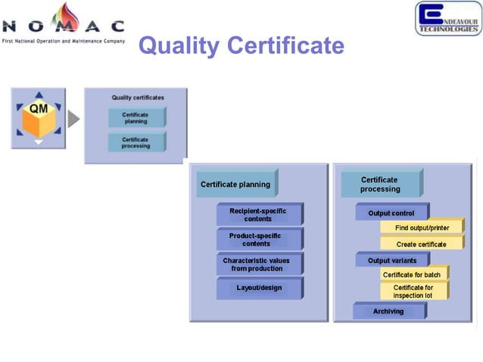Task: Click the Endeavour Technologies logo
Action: pyautogui.click(x=447, y=18)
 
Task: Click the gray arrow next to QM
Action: pyautogui.click(x=73, y=120)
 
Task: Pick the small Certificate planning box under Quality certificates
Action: pyautogui.click(x=136, y=118)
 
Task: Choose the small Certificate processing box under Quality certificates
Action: pyautogui.click(x=136, y=142)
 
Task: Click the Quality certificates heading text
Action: pyautogui.click(x=137, y=98)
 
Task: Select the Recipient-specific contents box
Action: pyautogui.click(x=258, y=214)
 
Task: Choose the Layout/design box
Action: pyautogui.click(x=258, y=289)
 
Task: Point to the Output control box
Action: pyautogui.click(x=391, y=213)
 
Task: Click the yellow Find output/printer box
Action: pyautogui.click(x=422, y=228)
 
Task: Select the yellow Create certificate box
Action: pyautogui.click(x=422, y=244)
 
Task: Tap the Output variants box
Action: pyautogui.click(x=391, y=261)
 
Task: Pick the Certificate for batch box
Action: pyautogui.click(x=412, y=274)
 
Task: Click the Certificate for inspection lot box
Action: pyautogui.click(x=413, y=292)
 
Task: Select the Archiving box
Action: pyautogui.click(x=388, y=311)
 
